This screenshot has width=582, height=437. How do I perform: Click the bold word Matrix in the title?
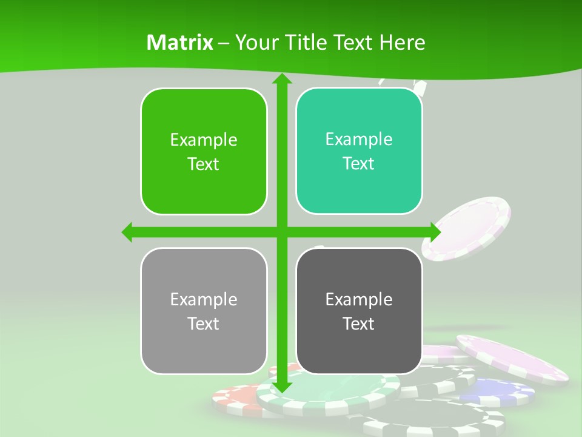(180, 42)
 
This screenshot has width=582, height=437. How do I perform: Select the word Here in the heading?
(403, 42)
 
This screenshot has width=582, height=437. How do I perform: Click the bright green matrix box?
(204, 151)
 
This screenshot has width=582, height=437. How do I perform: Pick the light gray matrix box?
(204, 311)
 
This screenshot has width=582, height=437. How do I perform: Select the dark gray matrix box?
(359, 311)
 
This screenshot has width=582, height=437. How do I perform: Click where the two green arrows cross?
(281, 232)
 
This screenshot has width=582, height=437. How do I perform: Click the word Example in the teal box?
(359, 140)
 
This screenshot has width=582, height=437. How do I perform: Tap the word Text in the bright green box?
(204, 164)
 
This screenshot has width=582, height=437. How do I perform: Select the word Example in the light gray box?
(204, 299)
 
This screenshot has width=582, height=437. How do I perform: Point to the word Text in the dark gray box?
(359, 324)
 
